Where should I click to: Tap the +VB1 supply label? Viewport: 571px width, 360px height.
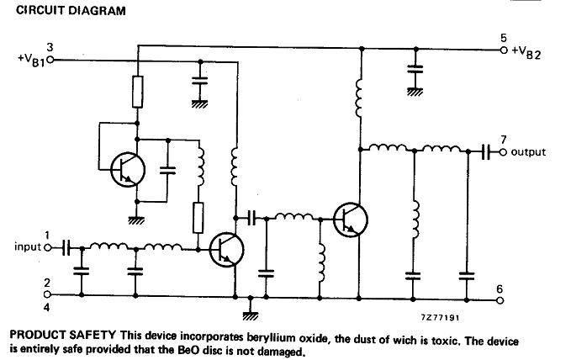(x=30, y=61)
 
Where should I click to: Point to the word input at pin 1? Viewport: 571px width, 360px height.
(x=28, y=247)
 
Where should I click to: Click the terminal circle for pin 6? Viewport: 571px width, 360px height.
(x=501, y=298)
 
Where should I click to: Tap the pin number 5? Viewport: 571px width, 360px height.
(x=503, y=38)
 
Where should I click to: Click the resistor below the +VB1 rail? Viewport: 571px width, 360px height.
(x=137, y=91)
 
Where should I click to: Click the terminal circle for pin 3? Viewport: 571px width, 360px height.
(x=62, y=60)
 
